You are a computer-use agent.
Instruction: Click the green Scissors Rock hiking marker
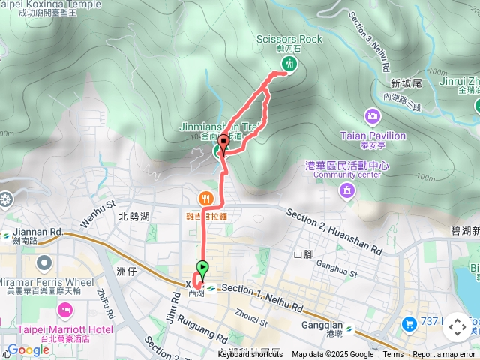[289, 64]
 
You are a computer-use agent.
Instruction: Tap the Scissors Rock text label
[289, 39]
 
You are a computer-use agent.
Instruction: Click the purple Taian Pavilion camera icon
[373, 116]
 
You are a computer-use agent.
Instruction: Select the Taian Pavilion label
[373, 136]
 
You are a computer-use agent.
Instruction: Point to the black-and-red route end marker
[223, 142]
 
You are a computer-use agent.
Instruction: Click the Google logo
[28, 349]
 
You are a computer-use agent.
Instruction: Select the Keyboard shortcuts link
[250, 355]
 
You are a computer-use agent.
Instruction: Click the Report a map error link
[445, 355]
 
